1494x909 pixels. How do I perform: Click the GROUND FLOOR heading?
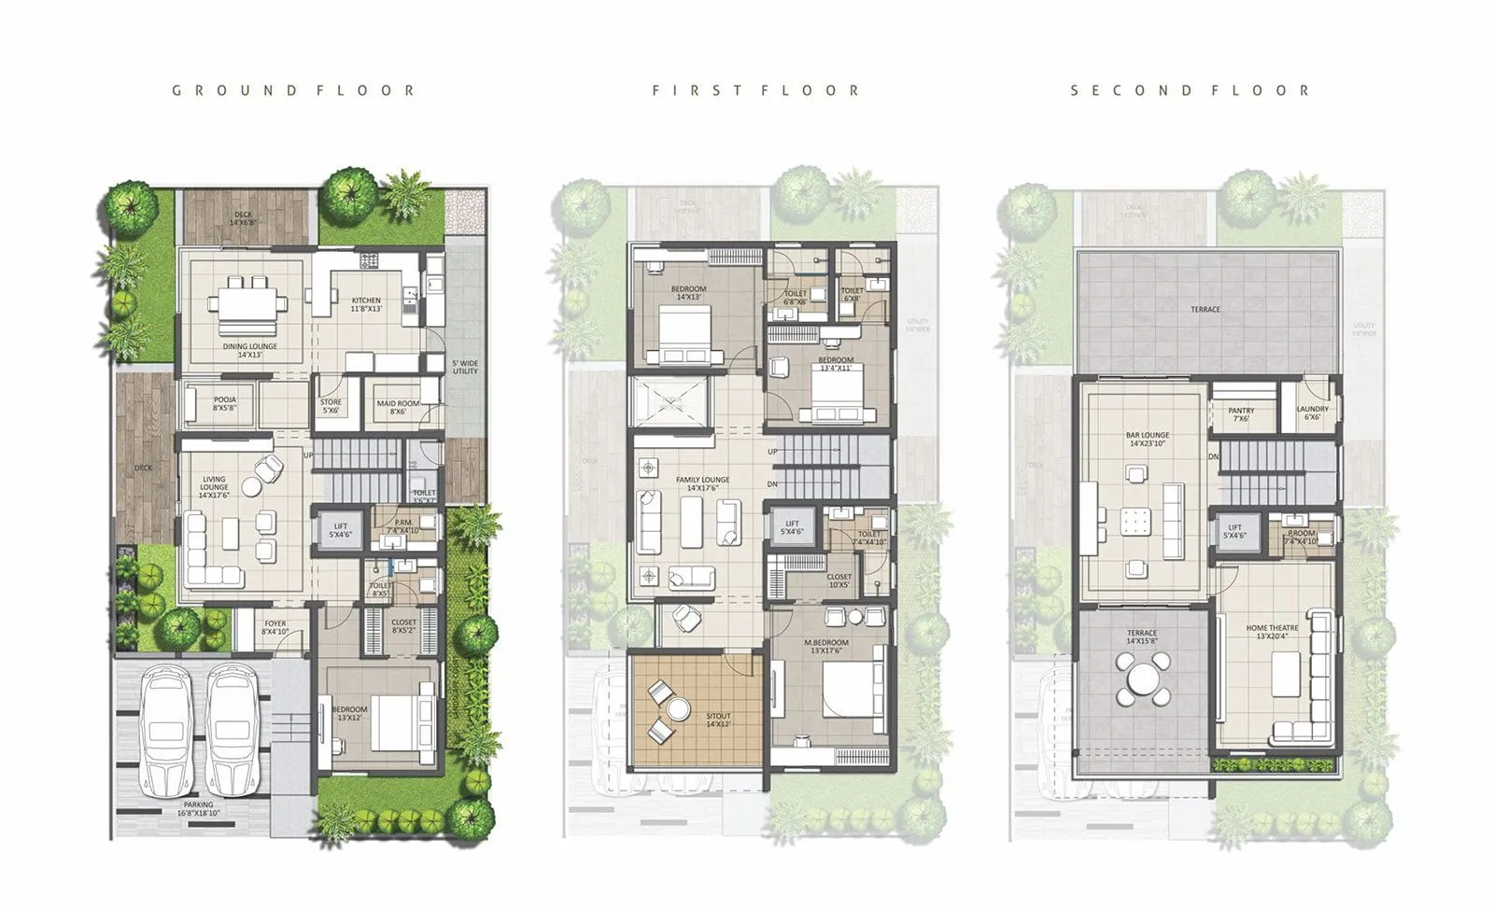point(293,91)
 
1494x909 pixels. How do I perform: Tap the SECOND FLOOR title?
point(1190,91)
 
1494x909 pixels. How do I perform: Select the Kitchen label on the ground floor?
point(366,304)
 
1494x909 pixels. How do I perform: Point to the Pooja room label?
point(225,403)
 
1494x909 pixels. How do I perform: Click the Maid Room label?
point(398,407)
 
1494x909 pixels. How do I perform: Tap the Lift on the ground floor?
point(341,530)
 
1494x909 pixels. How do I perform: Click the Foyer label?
point(275,627)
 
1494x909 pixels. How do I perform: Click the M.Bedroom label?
point(826,646)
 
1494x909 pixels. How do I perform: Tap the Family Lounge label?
point(702,483)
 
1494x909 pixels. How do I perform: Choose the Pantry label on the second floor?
point(1241,413)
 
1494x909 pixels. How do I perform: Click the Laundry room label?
point(1312,413)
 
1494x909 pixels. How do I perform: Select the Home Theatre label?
point(1272,632)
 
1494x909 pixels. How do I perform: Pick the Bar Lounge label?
point(1148,439)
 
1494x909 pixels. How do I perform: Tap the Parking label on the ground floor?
point(198,807)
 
